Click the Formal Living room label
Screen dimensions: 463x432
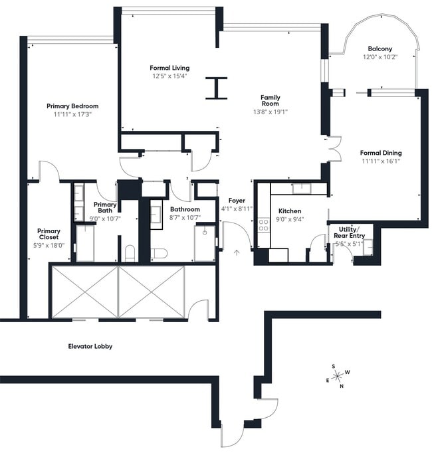point(169,68)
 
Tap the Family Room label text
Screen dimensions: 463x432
point(270,100)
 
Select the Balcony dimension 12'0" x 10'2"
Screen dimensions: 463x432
point(380,57)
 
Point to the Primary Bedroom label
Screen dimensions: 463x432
point(72,106)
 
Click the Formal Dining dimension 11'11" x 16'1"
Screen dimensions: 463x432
point(381,161)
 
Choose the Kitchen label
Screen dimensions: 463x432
point(290,211)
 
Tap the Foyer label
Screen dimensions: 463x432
point(237,200)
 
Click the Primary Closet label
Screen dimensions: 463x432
point(49,234)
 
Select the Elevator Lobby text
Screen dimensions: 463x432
point(90,346)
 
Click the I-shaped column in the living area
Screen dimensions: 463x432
point(216,88)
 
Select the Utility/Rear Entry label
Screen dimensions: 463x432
point(348,232)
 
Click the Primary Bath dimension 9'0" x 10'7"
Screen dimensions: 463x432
point(105,217)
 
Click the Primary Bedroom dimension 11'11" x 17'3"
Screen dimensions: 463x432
point(72,114)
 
